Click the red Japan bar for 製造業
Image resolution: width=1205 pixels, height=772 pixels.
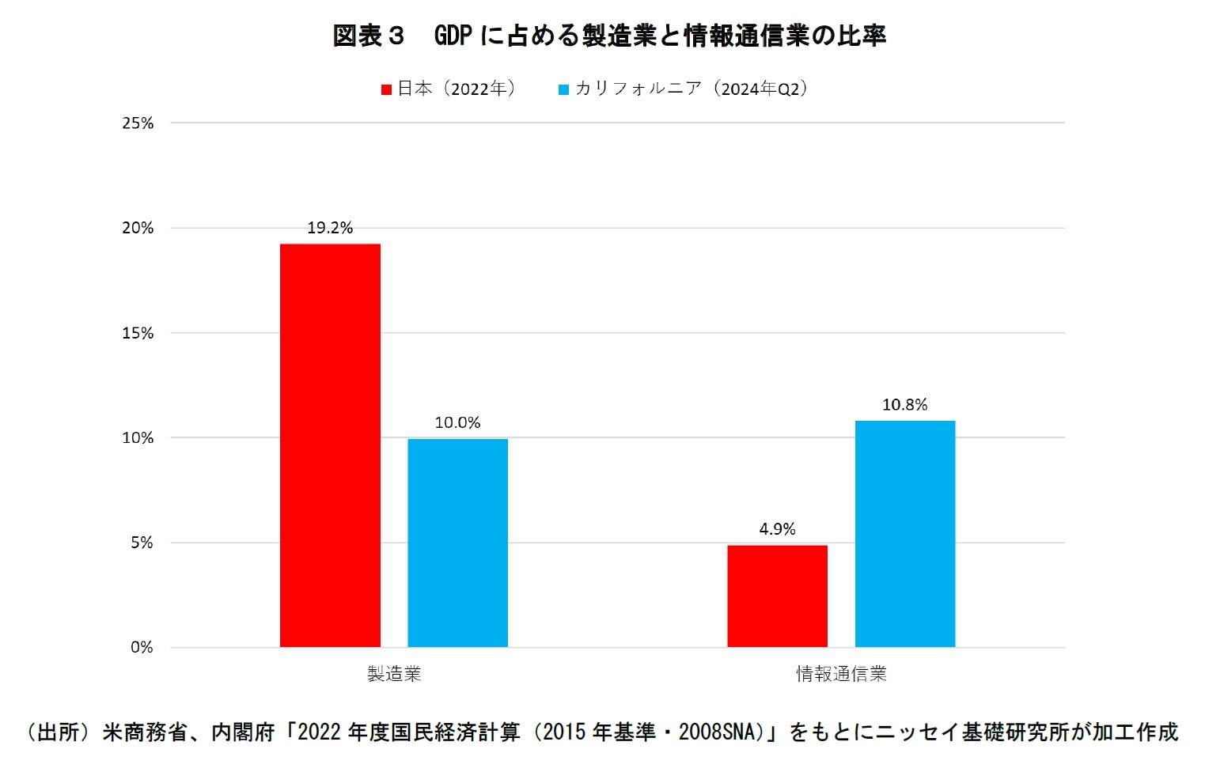(330, 445)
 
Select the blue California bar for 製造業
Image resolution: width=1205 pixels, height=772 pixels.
(457, 543)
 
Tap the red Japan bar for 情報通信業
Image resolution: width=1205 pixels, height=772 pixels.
(777, 596)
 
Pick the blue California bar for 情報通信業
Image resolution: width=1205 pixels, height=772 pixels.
(904, 534)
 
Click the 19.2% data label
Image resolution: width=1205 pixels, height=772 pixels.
(330, 229)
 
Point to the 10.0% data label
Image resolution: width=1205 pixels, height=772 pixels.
(457, 423)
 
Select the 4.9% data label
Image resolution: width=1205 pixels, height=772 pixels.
(777, 529)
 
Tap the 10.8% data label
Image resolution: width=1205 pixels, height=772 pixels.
(904, 405)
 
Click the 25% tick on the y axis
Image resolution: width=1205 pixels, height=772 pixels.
(138, 123)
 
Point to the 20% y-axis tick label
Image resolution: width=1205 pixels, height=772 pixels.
(138, 229)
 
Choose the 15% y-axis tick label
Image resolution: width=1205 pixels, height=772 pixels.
(138, 333)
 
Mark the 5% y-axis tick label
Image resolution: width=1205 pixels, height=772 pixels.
(142, 543)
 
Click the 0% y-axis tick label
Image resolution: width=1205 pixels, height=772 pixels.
(142, 648)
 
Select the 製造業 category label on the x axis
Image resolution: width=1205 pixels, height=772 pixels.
(394, 674)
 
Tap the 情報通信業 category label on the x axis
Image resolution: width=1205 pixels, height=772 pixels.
(841, 674)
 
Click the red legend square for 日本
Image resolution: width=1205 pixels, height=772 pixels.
(387, 90)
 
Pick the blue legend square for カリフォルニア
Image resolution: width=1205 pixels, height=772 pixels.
(564, 90)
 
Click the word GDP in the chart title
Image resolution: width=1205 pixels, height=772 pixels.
(453, 36)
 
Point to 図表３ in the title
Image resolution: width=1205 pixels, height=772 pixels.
(368, 36)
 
